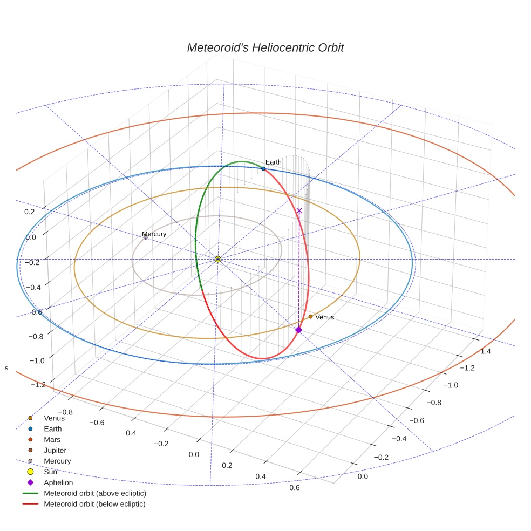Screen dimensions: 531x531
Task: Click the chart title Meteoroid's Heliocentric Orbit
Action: tap(265, 47)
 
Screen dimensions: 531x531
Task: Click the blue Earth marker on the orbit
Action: tap(263, 168)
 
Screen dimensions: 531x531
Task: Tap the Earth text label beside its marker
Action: tap(273, 162)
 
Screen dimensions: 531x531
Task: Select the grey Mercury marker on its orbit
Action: tap(146, 237)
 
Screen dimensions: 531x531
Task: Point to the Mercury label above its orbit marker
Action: tap(154, 234)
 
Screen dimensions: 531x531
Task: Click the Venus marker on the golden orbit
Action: tap(310, 316)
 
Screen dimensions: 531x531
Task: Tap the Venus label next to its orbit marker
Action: tap(325, 317)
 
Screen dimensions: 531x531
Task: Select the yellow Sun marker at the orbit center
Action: tap(218, 260)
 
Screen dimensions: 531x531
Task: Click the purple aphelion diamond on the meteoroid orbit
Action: tap(298, 330)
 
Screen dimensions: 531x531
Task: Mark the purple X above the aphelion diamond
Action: tap(299, 210)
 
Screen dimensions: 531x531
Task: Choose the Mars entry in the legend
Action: tap(52, 439)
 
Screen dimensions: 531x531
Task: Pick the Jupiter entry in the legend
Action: tap(55, 450)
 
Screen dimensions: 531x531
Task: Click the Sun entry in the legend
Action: tap(50, 472)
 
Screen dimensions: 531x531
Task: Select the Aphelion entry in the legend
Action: tap(58, 482)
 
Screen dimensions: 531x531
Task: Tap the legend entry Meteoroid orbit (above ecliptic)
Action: tap(94, 493)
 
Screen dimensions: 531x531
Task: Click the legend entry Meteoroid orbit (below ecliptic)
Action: tap(94, 504)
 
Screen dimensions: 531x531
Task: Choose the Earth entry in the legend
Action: tap(52, 428)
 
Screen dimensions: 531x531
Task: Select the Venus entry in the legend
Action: tap(54, 418)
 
